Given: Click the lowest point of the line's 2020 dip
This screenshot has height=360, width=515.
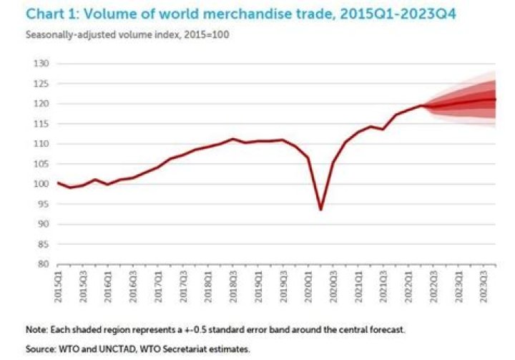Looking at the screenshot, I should tap(321, 210).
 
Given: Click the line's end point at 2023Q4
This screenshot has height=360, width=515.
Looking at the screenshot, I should tap(496, 99).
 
